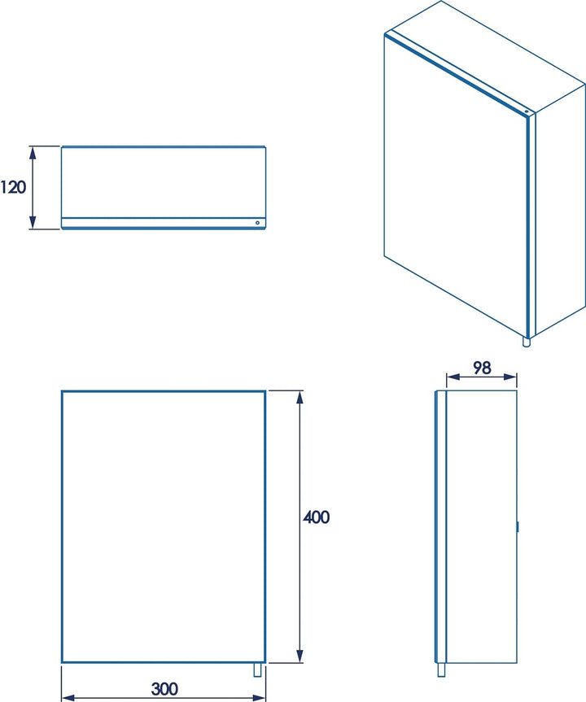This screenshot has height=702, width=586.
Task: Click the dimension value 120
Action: tap(14, 188)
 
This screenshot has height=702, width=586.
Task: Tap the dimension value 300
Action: tap(164, 689)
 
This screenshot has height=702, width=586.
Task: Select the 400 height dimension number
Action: tap(317, 517)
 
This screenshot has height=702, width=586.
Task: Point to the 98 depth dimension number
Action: tap(482, 367)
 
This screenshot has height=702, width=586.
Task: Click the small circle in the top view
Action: tap(257, 222)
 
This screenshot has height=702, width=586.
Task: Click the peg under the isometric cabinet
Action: tap(527, 342)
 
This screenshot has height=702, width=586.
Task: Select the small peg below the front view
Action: tap(259, 669)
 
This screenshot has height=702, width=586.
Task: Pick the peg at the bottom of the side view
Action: tap(441, 669)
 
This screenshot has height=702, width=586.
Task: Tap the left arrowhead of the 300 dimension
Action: tap(68, 697)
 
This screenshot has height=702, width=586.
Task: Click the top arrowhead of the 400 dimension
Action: tap(300, 396)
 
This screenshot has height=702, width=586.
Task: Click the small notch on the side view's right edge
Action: tap(517, 526)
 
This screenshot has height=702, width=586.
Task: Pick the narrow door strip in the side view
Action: tap(440, 526)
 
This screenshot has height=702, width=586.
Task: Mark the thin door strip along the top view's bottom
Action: tap(163, 223)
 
